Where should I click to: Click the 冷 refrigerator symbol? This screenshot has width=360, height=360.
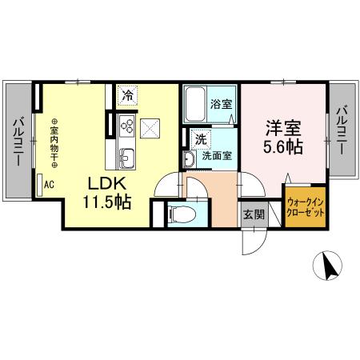coord(127,96)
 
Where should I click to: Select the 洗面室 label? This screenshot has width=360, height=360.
coord(216,155)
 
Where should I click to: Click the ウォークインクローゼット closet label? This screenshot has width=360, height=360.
coord(305,210)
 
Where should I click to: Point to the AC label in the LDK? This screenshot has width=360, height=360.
coord(48,183)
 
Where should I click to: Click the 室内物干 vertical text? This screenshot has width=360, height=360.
coord(54,144)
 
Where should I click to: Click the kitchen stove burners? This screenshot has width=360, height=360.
coord(126,124)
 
